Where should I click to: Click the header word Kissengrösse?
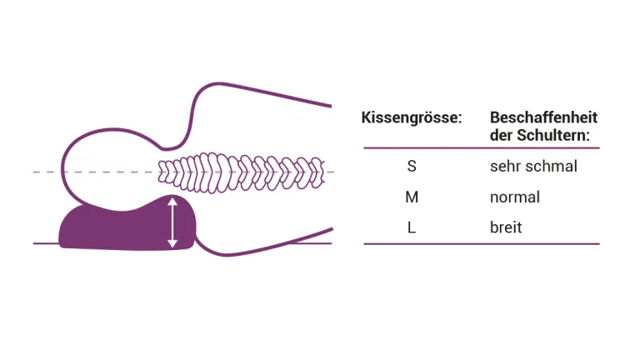coord(412,117)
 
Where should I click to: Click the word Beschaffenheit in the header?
coord(543,117)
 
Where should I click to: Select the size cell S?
coord(412,166)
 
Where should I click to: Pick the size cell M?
coord(412,197)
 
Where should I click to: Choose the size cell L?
coord(412,227)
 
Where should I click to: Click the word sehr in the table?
coord(504,166)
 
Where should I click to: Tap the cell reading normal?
coord(515,197)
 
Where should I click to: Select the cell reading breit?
coord(506,227)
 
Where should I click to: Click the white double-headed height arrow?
coord(172,222)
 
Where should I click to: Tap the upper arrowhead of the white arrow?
coord(172,202)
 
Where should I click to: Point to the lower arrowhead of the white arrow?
coord(172,243)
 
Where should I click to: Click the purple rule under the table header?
coord(481,148)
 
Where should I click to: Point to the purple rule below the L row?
coord(481,244)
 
